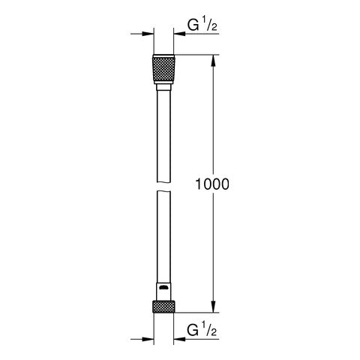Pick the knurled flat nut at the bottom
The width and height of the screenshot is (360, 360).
point(163,306)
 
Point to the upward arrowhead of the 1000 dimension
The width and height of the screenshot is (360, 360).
point(215,60)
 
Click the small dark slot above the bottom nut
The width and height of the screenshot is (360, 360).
point(163,289)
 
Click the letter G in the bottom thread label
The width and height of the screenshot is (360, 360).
point(192,329)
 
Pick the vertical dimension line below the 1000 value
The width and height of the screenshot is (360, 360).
point(215,247)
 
